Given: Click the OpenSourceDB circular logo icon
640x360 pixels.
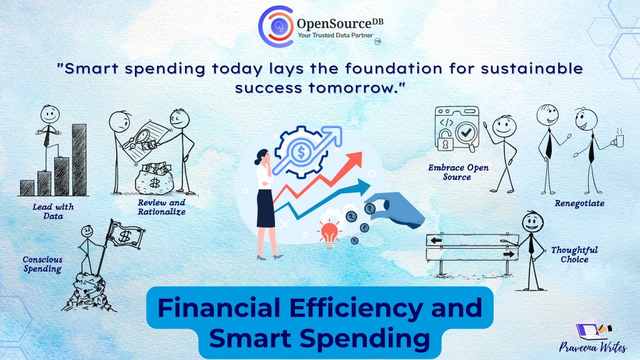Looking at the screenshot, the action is [x=276, y=26].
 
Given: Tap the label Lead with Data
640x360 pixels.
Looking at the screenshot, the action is [x=53, y=211].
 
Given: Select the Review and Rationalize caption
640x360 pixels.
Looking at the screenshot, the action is [x=162, y=207].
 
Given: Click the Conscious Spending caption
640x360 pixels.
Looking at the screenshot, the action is [x=42, y=264].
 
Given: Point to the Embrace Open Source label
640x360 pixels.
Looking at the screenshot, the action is [x=458, y=172].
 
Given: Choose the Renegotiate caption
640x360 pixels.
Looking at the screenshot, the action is [x=579, y=203].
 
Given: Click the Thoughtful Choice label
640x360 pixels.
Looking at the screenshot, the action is [x=574, y=255].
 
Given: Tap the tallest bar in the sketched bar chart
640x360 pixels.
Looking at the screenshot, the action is [x=79, y=159].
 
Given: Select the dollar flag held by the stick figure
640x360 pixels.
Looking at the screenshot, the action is [x=126, y=235].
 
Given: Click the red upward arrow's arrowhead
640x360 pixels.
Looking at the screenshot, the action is [x=354, y=160].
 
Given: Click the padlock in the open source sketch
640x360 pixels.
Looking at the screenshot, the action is [x=445, y=139].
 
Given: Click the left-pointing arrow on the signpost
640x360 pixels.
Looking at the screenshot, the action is [x=436, y=241].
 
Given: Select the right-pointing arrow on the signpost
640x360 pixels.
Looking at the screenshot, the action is [x=509, y=254].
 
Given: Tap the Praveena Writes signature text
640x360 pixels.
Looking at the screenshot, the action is [x=592, y=347].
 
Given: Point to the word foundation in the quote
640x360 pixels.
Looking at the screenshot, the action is [x=394, y=69].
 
